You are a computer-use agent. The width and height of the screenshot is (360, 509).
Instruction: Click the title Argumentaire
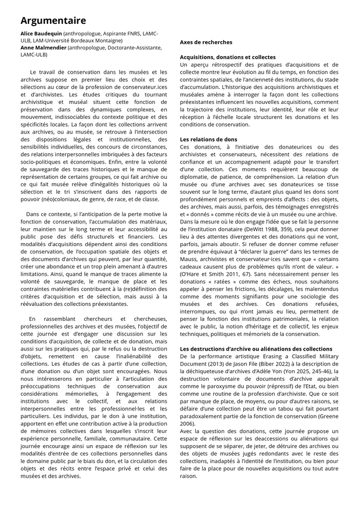[53, 20]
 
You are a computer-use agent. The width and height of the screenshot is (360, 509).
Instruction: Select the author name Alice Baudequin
[41, 34]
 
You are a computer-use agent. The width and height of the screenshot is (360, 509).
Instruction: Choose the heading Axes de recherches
[206, 42]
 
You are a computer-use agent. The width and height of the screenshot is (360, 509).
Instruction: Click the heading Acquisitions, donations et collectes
[228, 57]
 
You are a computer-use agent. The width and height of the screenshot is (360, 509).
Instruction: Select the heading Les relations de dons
[208, 140]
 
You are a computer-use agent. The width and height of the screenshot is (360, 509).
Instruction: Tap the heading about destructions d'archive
[256, 349]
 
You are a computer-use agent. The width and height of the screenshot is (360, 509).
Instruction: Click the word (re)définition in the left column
[129, 288]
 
